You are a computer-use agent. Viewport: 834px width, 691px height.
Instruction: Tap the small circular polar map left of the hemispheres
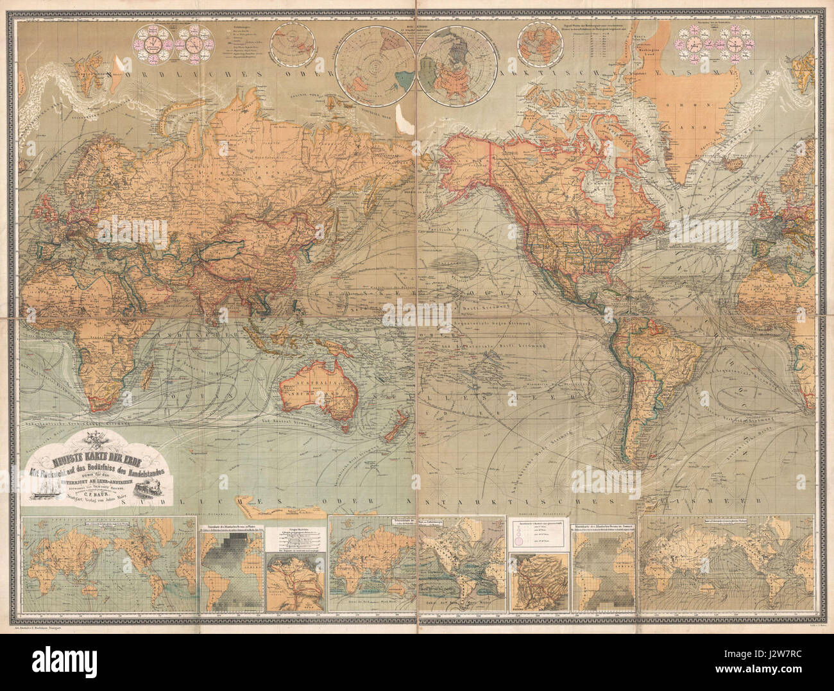(287, 40)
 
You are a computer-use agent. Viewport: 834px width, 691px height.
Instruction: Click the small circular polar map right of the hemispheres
(538, 40)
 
